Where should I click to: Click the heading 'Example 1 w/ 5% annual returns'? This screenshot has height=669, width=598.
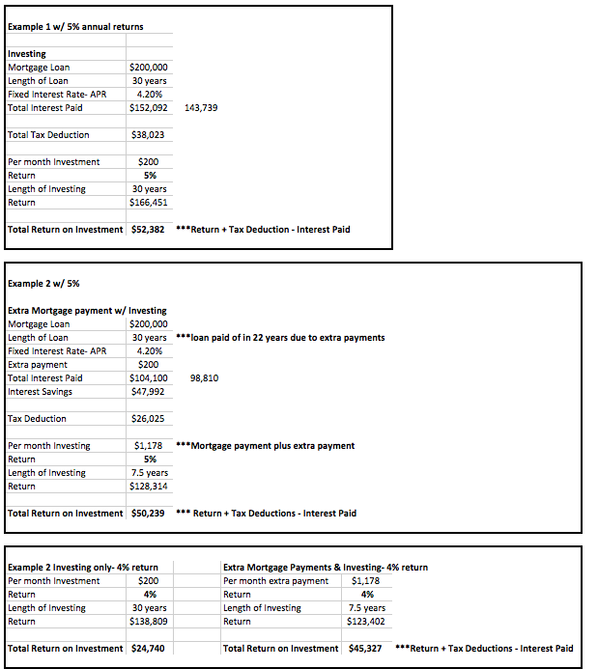(75, 26)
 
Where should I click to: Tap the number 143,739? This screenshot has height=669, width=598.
(200, 108)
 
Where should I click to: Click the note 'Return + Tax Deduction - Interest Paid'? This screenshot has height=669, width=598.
(264, 230)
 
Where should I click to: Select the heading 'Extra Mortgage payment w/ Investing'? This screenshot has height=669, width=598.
(87, 311)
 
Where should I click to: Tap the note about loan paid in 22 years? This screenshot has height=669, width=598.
(281, 338)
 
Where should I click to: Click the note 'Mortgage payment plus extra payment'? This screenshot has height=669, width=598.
(266, 446)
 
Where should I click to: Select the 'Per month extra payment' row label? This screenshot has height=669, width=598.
(275, 581)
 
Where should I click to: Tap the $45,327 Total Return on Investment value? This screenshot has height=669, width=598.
(366, 649)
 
